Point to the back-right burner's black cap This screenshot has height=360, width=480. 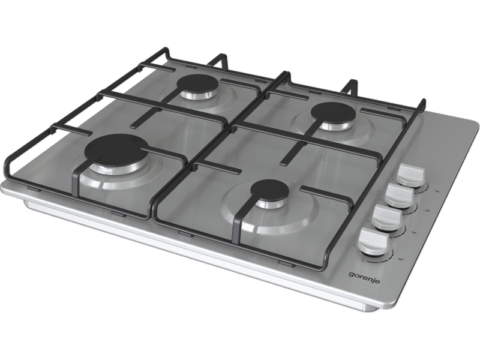(334, 112)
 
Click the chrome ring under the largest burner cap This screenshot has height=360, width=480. (117, 168)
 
